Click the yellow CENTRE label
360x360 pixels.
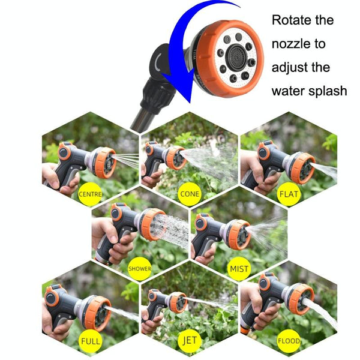[x=90, y=194]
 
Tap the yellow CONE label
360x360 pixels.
[x=189, y=194]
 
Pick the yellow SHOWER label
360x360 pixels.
[x=139, y=268]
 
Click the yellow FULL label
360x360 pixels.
[x=90, y=342]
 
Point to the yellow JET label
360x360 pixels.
[x=189, y=342]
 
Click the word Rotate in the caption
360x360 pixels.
[x=294, y=20]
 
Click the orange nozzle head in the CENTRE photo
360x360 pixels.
[x=105, y=163]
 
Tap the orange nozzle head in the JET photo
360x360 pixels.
[x=177, y=302]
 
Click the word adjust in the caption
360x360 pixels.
[x=291, y=67]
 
